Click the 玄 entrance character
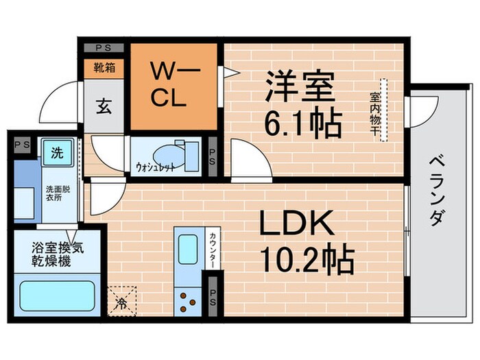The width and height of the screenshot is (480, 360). (104, 106)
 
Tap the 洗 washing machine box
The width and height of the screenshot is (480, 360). (56, 152)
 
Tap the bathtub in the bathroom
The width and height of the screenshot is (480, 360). (56, 294)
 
